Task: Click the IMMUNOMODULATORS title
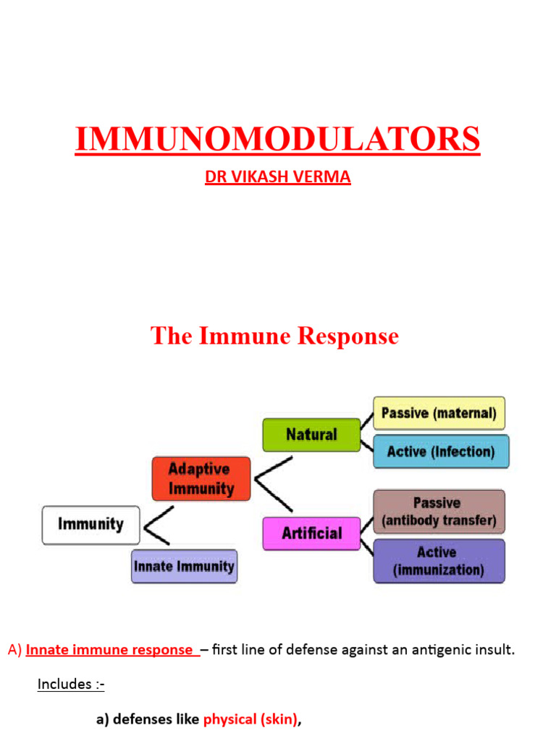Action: (277, 139)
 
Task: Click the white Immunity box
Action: (91, 525)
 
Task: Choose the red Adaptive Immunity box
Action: (201, 478)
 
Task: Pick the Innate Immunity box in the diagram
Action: (184, 566)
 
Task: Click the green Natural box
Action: (311, 435)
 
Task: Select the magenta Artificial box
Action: (311, 533)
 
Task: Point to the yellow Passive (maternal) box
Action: (439, 413)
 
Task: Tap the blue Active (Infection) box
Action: (441, 452)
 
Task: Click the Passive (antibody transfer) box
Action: (439, 512)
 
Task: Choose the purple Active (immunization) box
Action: (439, 561)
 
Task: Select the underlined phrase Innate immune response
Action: (111, 650)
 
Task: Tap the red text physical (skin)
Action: (250, 719)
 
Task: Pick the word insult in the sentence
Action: (495, 650)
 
